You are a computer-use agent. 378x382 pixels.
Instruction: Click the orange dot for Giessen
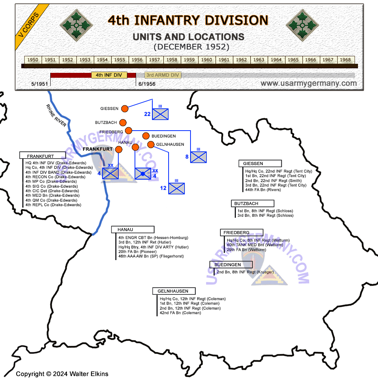click(x=124, y=109)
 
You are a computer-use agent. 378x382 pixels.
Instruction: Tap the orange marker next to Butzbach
click(x=123, y=123)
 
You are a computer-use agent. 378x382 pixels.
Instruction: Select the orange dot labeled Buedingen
click(x=146, y=136)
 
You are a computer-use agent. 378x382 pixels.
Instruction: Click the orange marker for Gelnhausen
click(x=151, y=144)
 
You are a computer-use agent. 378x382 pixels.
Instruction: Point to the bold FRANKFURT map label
click(x=98, y=149)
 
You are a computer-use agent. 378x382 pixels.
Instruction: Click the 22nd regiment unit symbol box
click(x=160, y=114)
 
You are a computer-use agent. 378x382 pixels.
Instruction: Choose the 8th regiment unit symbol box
click(x=198, y=157)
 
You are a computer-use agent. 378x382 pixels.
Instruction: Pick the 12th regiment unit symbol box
click(x=177, y=188)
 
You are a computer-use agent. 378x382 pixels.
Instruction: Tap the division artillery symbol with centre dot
click(x=143, y=174)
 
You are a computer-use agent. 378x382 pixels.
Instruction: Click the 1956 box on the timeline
click(x=137, y=60)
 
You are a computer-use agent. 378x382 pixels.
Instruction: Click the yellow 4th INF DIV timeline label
click(x=109, y=75)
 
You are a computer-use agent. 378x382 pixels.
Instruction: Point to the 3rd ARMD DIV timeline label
click(x=163, y=75)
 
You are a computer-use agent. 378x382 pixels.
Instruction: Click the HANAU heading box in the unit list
click(x=133, y=230)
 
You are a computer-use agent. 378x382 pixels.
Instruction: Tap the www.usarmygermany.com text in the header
click(x=308, y=83)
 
